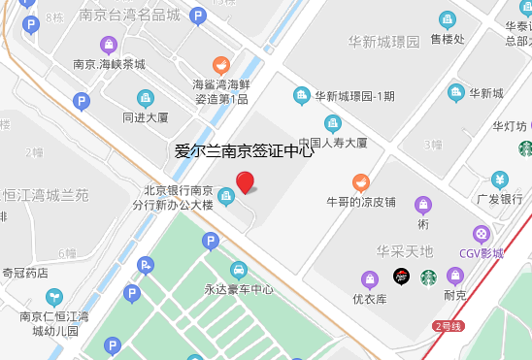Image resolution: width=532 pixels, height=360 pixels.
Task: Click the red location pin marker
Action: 246,181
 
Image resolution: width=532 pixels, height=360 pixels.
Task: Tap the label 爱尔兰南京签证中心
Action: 244,150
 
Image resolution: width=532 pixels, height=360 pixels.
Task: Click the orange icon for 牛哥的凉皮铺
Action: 361,181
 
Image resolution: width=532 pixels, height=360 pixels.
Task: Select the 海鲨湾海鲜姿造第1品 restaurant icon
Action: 221,66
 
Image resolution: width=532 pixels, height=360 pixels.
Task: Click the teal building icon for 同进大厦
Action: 146,97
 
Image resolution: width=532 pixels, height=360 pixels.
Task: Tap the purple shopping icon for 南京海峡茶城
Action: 109,45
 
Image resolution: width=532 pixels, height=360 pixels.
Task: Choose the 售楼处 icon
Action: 448,19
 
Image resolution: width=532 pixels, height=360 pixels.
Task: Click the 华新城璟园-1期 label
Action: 354,95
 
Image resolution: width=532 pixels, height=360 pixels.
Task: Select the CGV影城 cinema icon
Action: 481,234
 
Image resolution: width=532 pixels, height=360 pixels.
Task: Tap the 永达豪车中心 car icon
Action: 237,269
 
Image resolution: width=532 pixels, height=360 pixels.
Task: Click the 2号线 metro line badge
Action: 449,325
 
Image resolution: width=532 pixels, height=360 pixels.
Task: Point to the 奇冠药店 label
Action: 25,273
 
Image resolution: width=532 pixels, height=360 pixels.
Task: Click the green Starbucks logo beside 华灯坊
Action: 525,148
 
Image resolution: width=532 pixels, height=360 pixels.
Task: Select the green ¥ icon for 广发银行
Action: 499,180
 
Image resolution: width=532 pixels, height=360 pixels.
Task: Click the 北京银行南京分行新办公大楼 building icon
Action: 225,198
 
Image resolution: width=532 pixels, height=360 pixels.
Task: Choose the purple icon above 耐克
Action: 454,277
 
